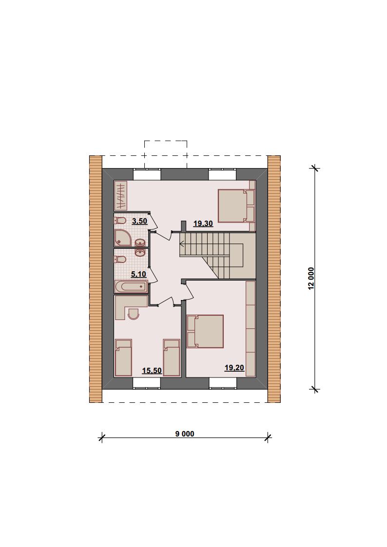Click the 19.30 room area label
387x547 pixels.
point(203,223)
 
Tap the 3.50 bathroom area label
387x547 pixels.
point(139,221)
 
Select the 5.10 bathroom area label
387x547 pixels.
point(138,274)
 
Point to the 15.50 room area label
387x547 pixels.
point(152,371)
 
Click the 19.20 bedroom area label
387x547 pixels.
point(234,368)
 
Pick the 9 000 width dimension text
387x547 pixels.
point(185,434)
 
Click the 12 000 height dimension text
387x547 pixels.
point(311,279)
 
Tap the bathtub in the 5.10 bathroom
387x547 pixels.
point(131,287)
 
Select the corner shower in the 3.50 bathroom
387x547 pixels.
point(123,238)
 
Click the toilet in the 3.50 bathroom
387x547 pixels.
point(120,221)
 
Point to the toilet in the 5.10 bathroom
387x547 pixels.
point(120,260)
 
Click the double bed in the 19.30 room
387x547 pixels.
point(236,206)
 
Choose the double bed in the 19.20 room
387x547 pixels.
point(205,331)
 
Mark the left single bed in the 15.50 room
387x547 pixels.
point(123,358)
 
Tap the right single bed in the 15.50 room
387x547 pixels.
point(172,358)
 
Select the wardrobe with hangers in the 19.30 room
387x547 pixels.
point(121,196)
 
